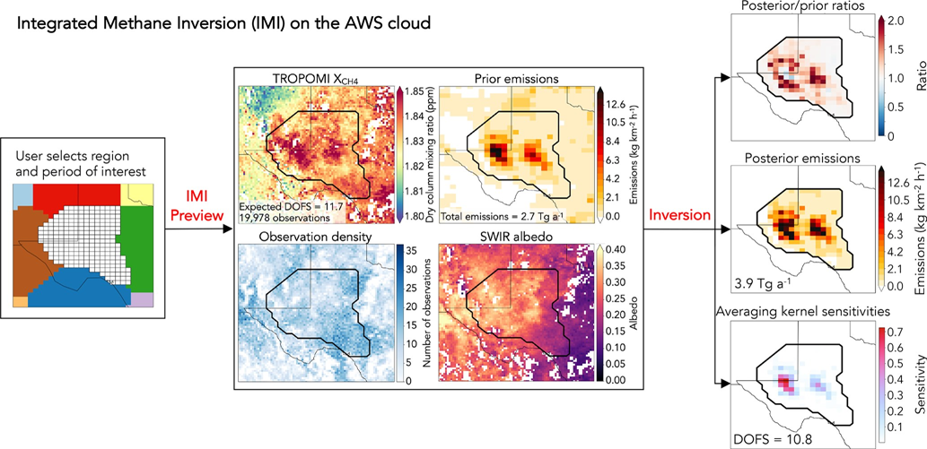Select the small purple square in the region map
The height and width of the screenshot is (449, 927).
point(147,298)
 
